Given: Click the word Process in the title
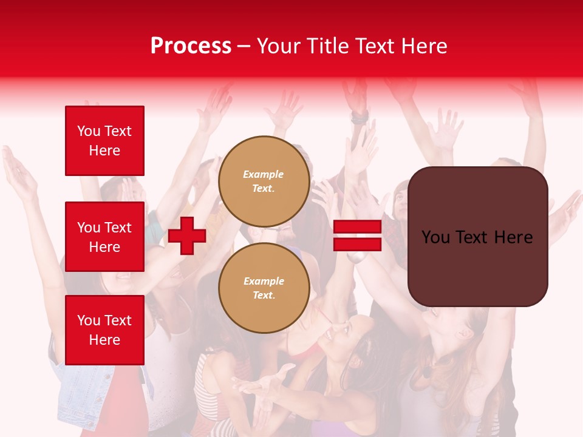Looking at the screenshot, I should pyautogui.click(x=191, y=46).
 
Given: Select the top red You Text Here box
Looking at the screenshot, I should pyautogui.click(x=104, y=141).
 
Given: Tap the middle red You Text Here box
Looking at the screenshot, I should pyautogui.click(x=104, y=237).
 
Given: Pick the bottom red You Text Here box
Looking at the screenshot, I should pyautogui.click(x=104, y=330).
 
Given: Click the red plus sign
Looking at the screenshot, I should pyautogui.click(x=187, y=235).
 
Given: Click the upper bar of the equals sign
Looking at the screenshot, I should pyautogui.click(x=358, y=227).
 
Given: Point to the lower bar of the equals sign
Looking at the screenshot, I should pyautogui.click(x=358, y=245).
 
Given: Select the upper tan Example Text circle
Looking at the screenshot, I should pyautogui.click(x=264, y=181).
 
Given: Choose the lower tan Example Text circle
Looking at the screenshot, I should pyautogui.click(x=264, y=288).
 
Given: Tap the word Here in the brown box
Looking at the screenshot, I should pyautogui.click(x=513, y=237).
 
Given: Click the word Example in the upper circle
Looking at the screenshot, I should pyautogui.click(x=263, y=174).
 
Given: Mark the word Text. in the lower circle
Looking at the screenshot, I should pyautogui.click(x=264, y=296).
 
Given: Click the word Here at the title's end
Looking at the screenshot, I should pyautogui.click(x=423, y=46).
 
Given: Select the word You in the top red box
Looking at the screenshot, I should pyautogui.click(x=89, y=131).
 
